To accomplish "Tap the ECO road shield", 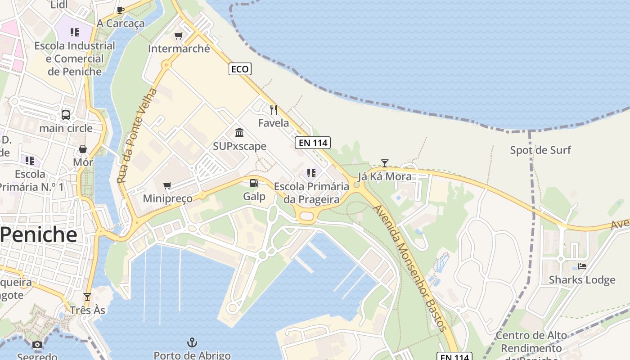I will (x=240, y=69).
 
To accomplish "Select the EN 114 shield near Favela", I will (x=313, y=143).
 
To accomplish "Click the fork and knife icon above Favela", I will (x=273, y=109).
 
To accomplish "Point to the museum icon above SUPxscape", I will (x=239, y=133).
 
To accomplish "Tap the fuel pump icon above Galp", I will (x=254, y=183).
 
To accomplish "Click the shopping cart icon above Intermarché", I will (x=179, y=36).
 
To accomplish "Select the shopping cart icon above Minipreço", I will (x=167, y=185).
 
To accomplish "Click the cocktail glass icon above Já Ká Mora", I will (x=384, y=163).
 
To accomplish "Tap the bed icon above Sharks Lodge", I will (x=582, y=266).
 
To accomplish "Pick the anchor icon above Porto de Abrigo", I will (x=192, y=342).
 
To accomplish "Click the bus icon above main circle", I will (x=66, y=115).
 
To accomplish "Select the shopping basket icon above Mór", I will (x=83, y=149).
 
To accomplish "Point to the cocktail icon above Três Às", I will (x=87, y=297).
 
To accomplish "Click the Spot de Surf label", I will (x=540, y=150).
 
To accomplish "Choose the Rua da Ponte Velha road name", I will (x=138, y=135).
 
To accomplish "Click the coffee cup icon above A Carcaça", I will (x=121, y=10).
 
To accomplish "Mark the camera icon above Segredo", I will (x=37, y=345).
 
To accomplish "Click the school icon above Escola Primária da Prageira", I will (x=311, y=173).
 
